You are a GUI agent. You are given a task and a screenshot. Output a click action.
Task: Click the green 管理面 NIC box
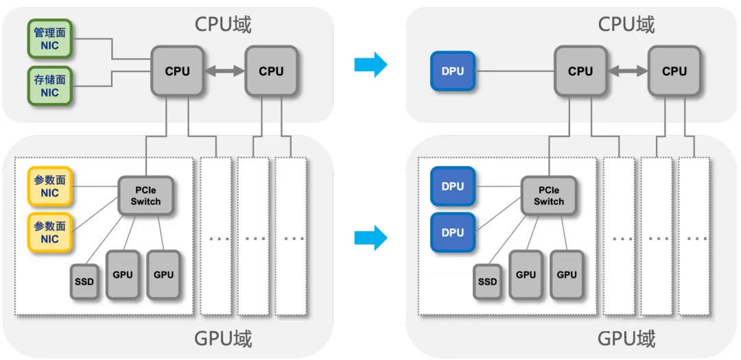[49, 38]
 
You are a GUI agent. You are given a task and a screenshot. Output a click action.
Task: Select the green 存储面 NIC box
[49, 86]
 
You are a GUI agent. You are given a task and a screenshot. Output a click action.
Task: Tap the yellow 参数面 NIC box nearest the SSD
[49, 232]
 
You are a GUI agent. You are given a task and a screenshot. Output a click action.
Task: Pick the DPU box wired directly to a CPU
[453, 71]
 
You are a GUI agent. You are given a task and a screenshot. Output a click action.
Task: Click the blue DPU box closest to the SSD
[453, 232]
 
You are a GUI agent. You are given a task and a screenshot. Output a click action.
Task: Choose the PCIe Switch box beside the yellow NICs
[145, 195]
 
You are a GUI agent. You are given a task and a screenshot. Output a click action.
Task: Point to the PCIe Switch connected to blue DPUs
[549, 195]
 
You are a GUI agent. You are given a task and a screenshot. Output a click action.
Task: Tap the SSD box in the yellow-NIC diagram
[84, 282]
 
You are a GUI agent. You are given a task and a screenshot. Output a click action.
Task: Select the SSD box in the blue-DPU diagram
[487, 282]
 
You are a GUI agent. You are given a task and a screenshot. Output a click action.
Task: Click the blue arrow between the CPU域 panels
[371, 64]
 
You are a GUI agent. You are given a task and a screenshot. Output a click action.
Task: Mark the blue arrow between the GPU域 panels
[371, 238]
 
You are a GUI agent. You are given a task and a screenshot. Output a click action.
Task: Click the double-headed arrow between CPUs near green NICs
[224, 71]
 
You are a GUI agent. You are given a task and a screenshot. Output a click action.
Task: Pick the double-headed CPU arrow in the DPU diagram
[628, 71]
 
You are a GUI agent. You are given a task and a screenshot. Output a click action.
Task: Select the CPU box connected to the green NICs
[177, 71]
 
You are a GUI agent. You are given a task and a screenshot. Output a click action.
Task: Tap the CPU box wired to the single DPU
[580, 71]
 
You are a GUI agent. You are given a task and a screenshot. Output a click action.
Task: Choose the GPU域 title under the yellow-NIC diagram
[224, 339]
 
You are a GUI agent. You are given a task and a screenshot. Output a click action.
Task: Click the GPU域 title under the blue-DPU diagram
[626, 339]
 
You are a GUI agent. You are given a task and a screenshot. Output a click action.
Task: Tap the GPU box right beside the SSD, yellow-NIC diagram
[123, 274]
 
